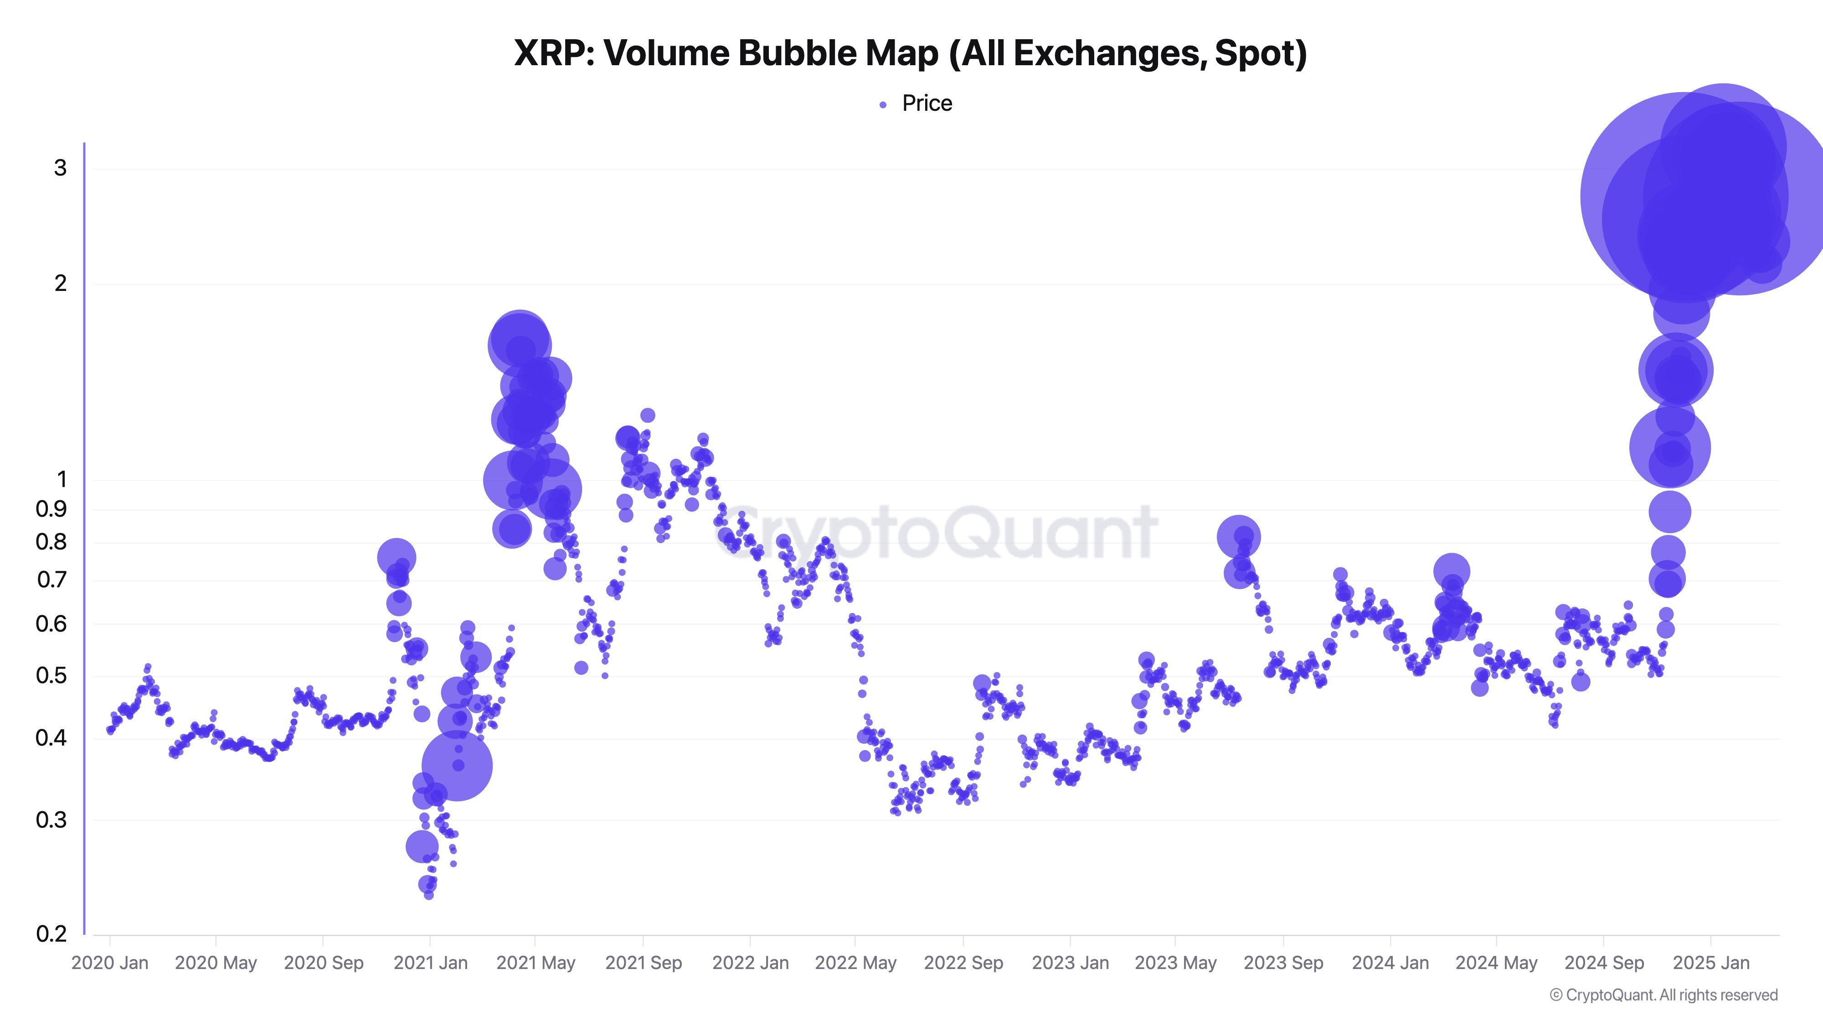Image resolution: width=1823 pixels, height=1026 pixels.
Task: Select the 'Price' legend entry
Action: [927, 104]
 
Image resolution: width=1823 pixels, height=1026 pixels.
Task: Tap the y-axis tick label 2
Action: [60, 283]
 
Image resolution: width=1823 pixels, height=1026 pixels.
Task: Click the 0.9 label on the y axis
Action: [51, 509]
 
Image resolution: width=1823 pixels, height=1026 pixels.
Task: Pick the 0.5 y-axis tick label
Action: [51, 675]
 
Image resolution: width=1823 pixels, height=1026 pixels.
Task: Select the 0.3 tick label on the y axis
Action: [51, 820]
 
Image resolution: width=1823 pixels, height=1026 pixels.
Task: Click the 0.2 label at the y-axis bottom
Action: [51, 934]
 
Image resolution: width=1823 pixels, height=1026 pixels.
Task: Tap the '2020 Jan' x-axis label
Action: [110, 963]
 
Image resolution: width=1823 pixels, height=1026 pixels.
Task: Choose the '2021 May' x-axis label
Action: [536, 963]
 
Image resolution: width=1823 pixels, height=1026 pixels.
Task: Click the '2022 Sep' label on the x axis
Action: [963, 963]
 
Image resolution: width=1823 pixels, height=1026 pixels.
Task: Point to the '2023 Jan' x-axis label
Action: [1070, 963]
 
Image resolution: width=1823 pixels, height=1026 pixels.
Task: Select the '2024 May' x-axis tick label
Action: [1496, 963]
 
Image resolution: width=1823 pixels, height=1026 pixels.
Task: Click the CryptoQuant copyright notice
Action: [1663, 995]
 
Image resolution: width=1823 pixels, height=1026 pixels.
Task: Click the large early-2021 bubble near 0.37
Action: [457, 766]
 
